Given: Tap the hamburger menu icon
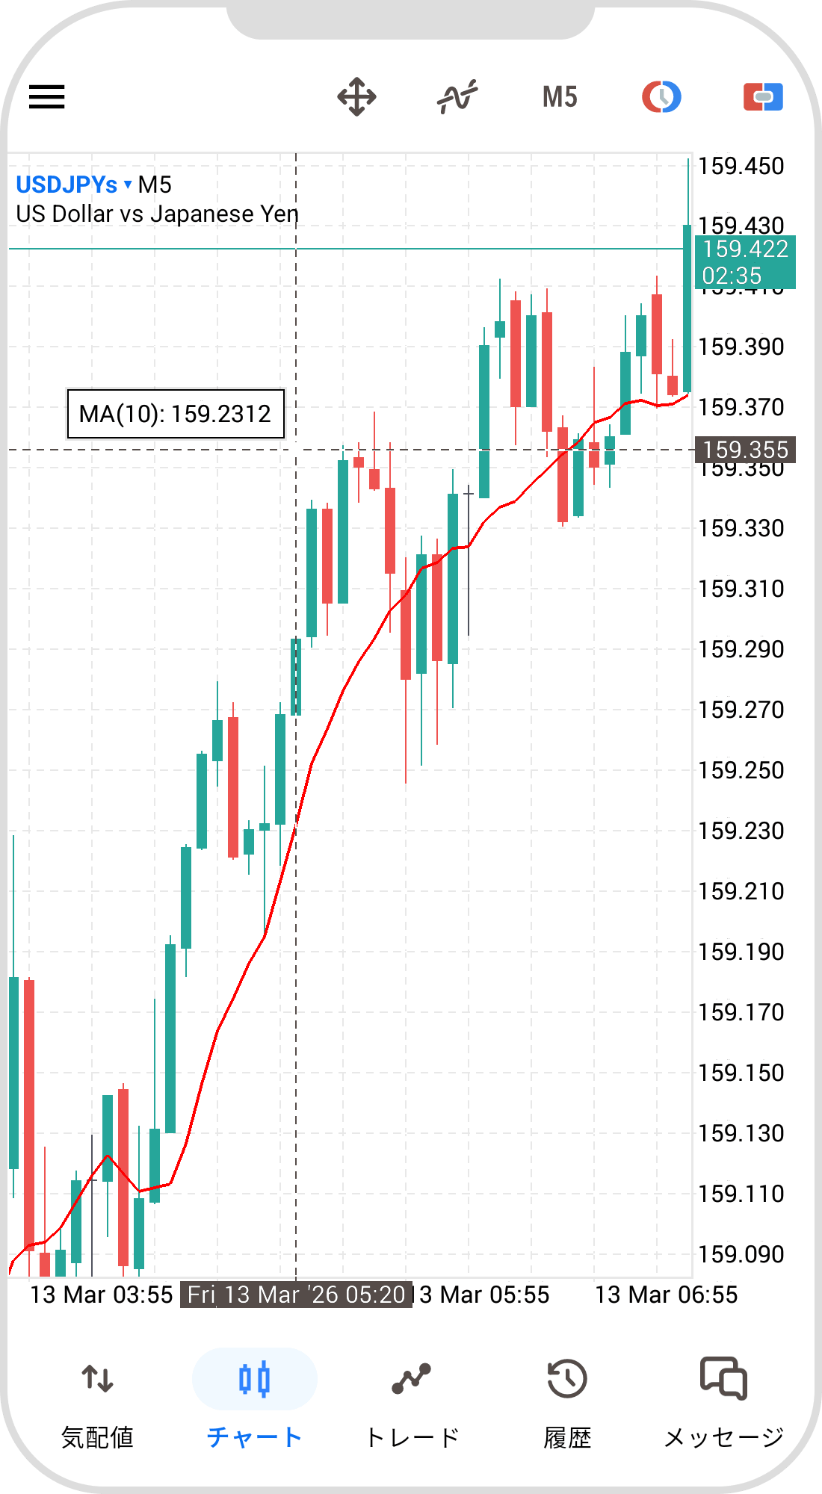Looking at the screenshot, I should click(47, 97).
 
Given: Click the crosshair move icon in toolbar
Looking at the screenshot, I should click(356, 97).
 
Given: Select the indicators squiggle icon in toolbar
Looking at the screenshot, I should click(457, 97).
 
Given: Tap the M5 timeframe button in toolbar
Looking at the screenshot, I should click(560, 97).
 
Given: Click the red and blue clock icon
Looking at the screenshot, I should click(661, 97).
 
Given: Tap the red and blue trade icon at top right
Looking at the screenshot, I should click(763, 97).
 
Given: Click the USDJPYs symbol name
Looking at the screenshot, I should click(67, 185).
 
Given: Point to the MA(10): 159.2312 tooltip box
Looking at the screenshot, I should click(176, 414).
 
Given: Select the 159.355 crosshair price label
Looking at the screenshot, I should click(745, 450).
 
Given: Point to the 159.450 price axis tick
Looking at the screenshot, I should click(741, 166).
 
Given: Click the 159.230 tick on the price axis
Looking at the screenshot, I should click(741, 831).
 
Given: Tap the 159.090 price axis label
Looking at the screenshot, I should click(741, 1254).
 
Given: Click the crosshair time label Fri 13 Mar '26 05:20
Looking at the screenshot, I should click(296, 1295).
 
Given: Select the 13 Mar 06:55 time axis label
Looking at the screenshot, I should click(666, 1295).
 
